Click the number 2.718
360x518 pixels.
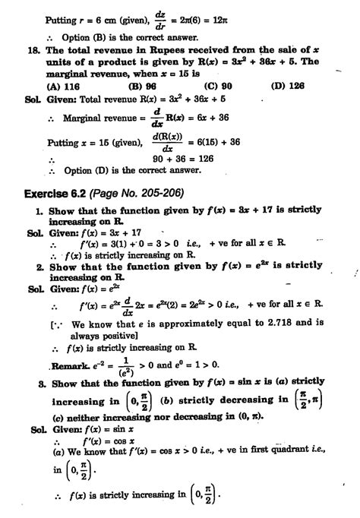click(x=272, y=321)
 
